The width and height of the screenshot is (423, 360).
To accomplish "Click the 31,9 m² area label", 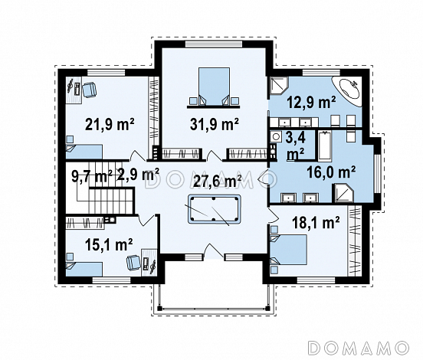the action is (x=215, y=124).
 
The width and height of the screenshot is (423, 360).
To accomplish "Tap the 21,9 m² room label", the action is (x=110, y=124).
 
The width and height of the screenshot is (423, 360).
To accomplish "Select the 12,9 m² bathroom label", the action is (x=311, y=102).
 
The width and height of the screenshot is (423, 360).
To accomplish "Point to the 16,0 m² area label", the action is (x=331, y=172).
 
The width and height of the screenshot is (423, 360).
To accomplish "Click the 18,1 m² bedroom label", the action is (x=316, y=223).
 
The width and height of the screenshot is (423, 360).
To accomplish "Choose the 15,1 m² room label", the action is (x=109, y=244).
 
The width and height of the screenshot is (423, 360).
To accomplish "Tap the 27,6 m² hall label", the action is (x=218, y=182).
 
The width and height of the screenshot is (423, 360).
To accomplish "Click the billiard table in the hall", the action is (x=214, y=209).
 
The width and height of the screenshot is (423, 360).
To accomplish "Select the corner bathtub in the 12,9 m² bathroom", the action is (x=346, y=90).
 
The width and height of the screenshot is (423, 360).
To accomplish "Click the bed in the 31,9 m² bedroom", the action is (x=215, y=87).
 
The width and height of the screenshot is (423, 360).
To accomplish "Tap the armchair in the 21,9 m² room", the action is (x=90, y=90).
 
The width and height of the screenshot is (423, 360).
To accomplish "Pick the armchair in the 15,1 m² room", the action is (x=133, y=263).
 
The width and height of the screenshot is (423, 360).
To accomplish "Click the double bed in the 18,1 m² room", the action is (x=289, y=250).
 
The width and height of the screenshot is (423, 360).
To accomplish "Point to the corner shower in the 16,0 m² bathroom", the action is (x=343, y=193).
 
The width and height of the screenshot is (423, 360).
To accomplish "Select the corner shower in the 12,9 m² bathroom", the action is (x=279, y=86).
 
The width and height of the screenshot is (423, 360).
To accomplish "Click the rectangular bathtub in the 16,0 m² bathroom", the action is (x=325, y=146).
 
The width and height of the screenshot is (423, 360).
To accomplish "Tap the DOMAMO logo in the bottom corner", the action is (x=359, y=347).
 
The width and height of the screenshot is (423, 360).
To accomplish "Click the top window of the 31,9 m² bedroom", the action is (x=214, y=44).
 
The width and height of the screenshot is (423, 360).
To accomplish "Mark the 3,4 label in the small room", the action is (x=295, y=138).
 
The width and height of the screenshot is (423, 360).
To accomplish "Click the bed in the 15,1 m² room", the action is (x=84, y=269).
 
